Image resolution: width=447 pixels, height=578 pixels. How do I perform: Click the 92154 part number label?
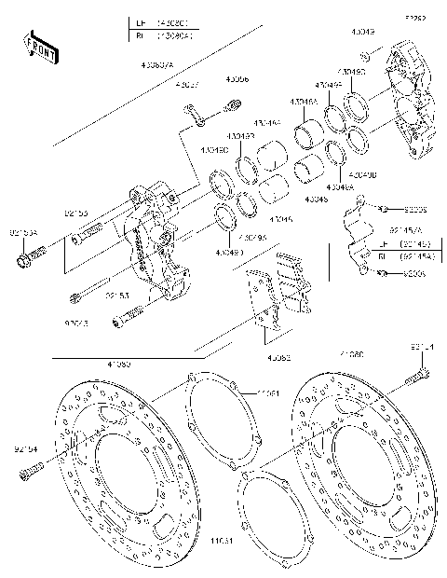[26, 448]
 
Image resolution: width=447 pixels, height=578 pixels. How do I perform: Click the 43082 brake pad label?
[279, 357]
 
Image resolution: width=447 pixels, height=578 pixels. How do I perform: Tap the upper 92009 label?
[415, 210]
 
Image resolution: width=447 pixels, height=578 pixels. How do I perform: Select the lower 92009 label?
[415, 274]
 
